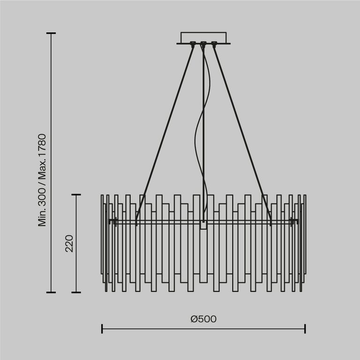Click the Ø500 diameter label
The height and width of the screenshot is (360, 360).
pos(203,319)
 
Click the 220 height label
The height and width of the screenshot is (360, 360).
pos(69,244)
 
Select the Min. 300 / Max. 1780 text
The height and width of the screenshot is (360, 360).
pos(43,180)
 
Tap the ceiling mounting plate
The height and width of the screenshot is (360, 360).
pos(203,37)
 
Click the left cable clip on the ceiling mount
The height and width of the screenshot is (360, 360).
pos(193,45)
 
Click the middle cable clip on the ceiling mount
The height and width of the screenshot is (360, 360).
pos(203,45)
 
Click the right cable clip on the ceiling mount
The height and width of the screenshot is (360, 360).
pos(214,45)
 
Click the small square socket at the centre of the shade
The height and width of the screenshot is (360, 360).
pos(203,225)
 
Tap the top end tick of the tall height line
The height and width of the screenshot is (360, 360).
pos(51,34)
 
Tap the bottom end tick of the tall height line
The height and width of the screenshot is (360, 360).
pos(51,292)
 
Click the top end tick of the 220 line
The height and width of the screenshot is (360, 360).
pos(76,195)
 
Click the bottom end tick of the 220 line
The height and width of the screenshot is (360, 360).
pos(76,292)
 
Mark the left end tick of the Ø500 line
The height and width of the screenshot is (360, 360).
pos(102,328)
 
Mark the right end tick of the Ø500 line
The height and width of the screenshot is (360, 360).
pos(305,328)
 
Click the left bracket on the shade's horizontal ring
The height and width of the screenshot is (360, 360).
pos(112,220)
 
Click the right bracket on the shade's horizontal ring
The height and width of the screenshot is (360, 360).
pos(294,220)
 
